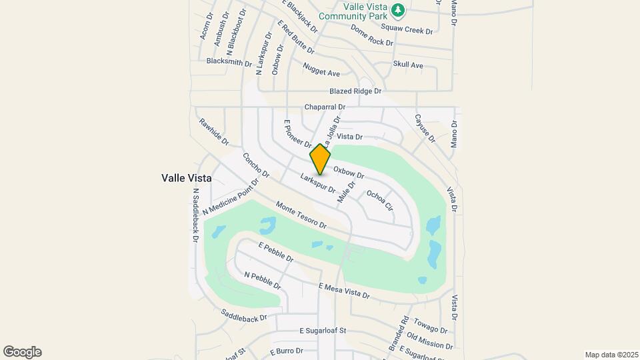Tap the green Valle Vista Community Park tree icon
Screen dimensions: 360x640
(398, 10)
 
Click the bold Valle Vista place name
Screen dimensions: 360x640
(187, 178)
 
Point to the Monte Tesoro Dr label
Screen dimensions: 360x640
(301, 216)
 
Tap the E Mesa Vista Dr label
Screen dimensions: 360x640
(343, 291)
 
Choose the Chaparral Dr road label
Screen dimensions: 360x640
(325, 107)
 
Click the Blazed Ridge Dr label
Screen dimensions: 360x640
(355, 91)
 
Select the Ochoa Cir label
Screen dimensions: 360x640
(380, 200)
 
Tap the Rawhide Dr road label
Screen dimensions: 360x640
(214, 133)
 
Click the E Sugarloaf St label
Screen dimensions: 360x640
(323, 330)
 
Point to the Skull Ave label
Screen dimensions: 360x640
(408, 65)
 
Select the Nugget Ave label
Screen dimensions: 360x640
(321, 69)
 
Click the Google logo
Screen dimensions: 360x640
(22, 352)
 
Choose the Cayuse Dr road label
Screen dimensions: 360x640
(425, 129)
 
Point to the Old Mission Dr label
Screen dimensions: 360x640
(429, 341)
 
